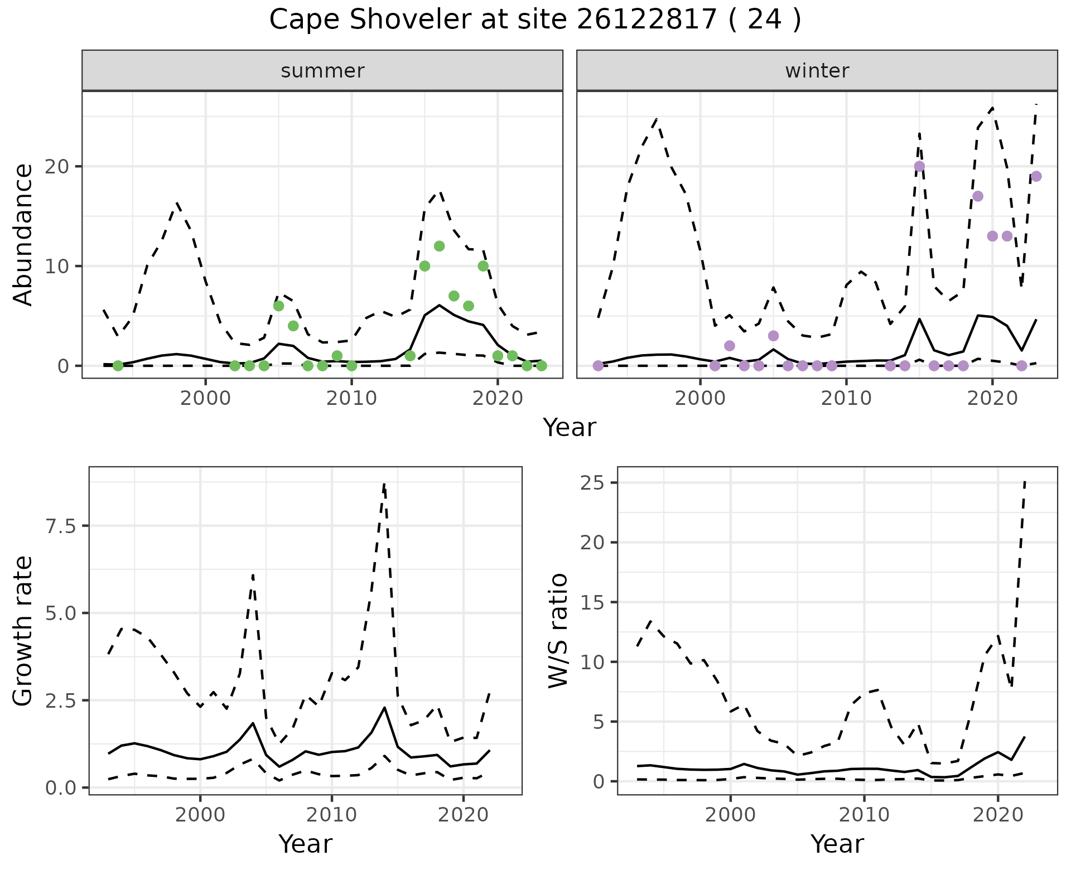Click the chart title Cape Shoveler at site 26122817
point(534,20)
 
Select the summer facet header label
point(322,71)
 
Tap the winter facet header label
point(817,71)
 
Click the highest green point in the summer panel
point(439,246)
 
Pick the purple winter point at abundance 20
point(919,166)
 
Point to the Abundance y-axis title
point(23,234)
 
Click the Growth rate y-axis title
point(23,630)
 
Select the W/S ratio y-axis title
point(558,630)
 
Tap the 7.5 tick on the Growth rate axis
point(62,526)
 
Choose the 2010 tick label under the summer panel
point(351,398)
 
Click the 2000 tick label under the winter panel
point(700,398)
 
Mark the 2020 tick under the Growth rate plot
point(463,815)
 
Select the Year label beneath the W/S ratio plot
point(837,844)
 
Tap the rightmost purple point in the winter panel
point(1036,176)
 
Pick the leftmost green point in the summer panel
point(118,366)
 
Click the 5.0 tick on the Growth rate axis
point(62,613)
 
